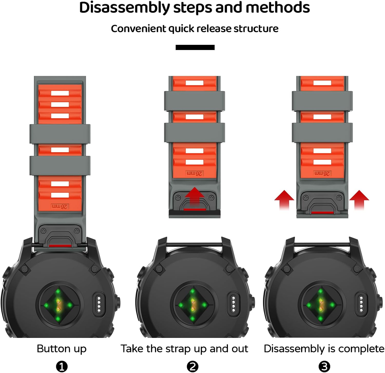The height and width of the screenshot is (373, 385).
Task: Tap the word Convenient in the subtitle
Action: pos(138,29)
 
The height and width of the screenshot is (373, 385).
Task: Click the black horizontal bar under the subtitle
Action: pos(195,47)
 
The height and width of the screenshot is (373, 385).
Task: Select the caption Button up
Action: pos(62,349)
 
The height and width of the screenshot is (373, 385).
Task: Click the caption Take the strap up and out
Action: pos(184,349)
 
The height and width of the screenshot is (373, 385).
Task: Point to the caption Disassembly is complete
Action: pos(324,349)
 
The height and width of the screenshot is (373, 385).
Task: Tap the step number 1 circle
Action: pos(62,366)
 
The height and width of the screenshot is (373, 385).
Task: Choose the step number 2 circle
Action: pos(192,366)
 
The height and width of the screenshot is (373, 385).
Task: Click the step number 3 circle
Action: pos(324,366)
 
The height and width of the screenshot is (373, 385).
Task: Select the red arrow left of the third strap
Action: pos(284,199)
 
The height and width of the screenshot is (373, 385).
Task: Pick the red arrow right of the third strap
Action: pos(359,199)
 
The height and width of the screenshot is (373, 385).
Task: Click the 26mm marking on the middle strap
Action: pos(195,174)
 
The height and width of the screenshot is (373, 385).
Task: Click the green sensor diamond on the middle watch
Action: pos(192,305)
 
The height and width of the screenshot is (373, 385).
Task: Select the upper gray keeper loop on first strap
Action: pos(60,134)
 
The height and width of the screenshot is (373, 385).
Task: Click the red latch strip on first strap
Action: pos(60,246)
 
